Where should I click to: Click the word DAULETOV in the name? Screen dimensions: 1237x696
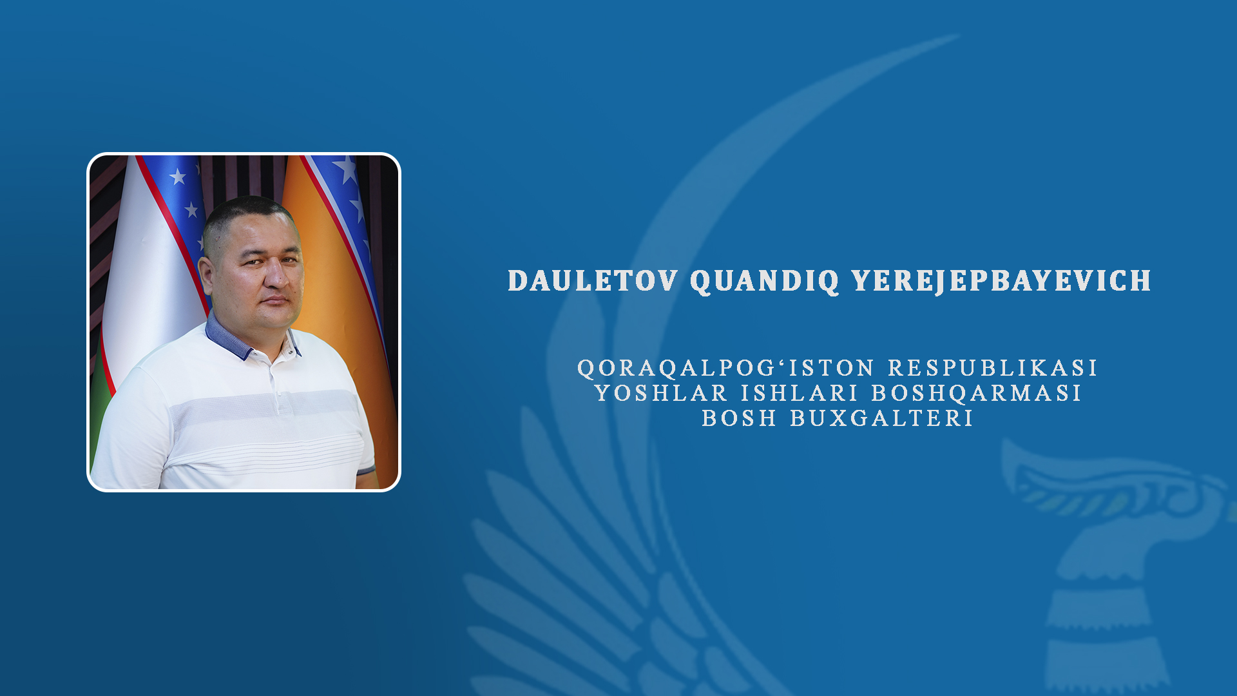click(x=593, y=281)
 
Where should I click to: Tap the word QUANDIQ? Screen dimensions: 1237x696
click(x=765, y=282)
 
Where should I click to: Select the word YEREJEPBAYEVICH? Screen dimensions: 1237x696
click(x=1002, y=281)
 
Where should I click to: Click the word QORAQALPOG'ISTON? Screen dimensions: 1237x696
click(x=726, y=368)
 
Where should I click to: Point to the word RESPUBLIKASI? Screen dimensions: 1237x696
click(x=993, y=368)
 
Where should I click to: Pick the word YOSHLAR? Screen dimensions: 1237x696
click(x=662, y=393)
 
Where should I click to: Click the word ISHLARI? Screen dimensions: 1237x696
click(x=800, y=393)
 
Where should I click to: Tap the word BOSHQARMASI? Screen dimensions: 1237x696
click(x=977, y=393)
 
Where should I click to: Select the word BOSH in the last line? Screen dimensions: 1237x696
click(x=740, y=418)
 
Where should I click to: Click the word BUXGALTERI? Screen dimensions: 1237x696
click(x=882, y=418)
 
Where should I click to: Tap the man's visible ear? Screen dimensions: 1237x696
click(x=207, y=276)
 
